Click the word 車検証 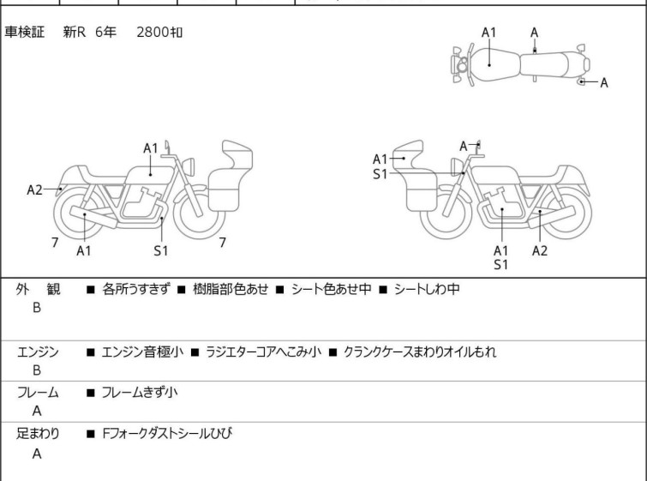point(27,32)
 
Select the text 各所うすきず point(136,289)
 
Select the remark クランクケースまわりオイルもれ point(420,351)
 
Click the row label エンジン point(39,352)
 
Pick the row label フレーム point(39,393)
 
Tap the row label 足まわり point(39,434)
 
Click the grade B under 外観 point(37,307)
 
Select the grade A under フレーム point(37,411)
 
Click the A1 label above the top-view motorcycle point(488,32)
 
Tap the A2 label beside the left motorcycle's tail point(34,189)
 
